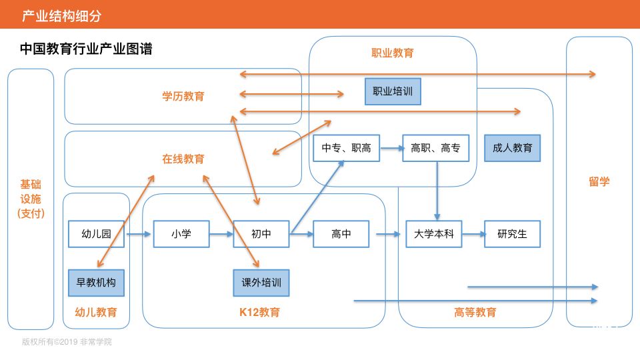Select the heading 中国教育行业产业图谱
(x=87, y=49)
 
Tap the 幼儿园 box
(x=96, y=234)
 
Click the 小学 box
(x=181, y=234)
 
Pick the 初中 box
(x=261, y=234)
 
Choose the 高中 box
(x=341, y=234)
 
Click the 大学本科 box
(x=433, y=234)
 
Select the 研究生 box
(x=512, y=234)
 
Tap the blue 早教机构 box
(x=96, y=283)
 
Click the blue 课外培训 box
(x=261, y=283)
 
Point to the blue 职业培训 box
(x=393, y=91)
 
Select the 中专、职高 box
(x=346, y=148)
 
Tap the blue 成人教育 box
(x=512, y=148)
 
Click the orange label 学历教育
(x=183, y=97)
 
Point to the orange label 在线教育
(x=183, y=159)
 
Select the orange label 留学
(x=599, y=181)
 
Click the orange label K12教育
(x=260, y=312)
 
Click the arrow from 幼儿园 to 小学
(x=139, y=234)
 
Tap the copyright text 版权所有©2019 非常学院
(x=67, y=342)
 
